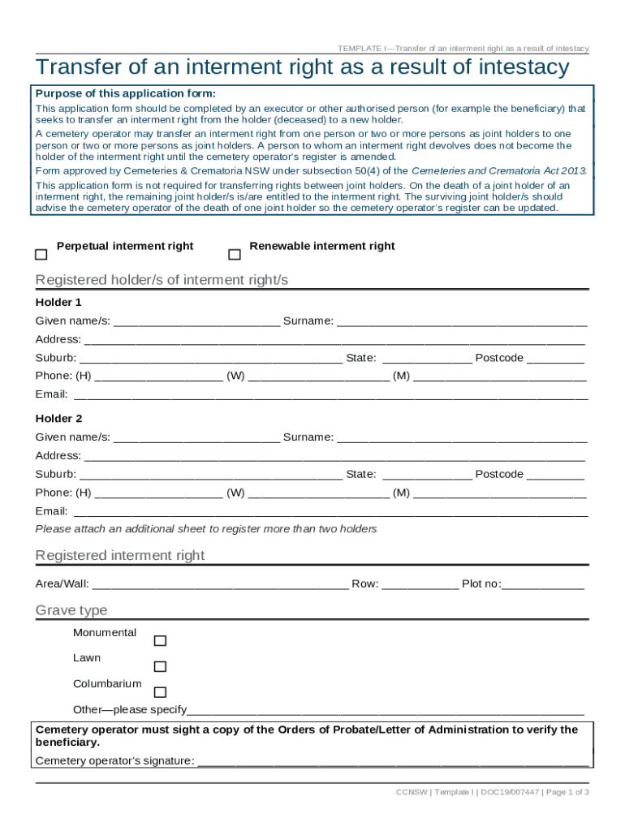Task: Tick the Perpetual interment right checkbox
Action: pos(41,255)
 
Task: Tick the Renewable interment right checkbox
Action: pos(235,255)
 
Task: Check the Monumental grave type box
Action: pos(160,641)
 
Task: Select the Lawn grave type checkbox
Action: pos(160,666)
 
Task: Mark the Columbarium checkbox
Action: pos(160,692)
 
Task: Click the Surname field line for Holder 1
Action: pos(461,321)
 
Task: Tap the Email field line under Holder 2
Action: pos(330,512)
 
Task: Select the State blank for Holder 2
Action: pos(426,475)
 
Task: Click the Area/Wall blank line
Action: pos(220,584)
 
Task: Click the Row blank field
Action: pos(420,584)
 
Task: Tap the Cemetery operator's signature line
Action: pos(393,761)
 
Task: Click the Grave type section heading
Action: pos(71,610)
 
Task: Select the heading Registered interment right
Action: pos(120,555)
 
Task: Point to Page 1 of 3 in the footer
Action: pos(566,792)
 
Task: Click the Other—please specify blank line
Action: pos(386,710)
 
